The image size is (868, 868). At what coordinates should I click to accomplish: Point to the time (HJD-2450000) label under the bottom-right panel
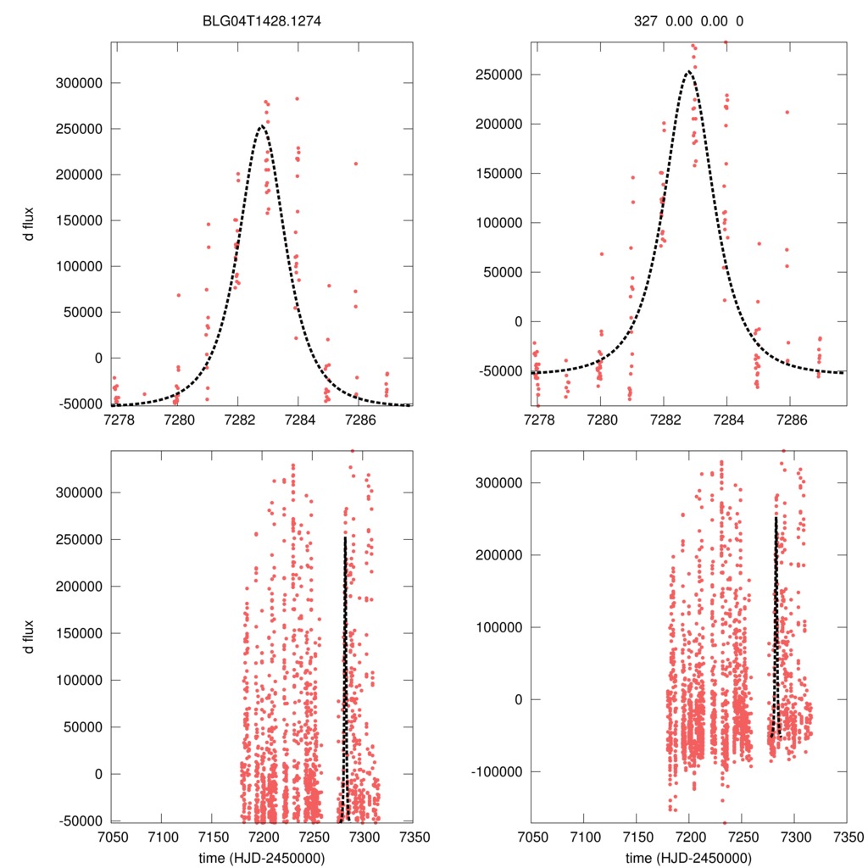[x=688, y=857]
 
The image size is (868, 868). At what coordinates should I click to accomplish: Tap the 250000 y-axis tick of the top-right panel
[x=499, y=75]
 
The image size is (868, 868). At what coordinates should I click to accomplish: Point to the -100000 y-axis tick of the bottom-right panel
[x=497, y=771]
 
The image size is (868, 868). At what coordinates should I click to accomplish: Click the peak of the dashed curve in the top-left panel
[x=261, y=127]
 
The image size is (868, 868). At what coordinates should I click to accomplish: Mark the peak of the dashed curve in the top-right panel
[x=688, y=73]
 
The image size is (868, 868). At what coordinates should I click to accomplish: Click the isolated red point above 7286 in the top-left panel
[x=356, y=164]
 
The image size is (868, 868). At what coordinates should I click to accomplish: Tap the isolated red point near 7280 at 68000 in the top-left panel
[x=178, y=295]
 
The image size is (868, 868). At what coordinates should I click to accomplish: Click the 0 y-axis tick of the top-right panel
[x=519, y=322]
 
